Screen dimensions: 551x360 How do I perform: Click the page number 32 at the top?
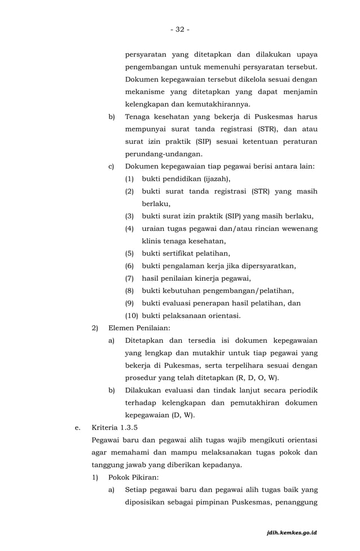tap(180, 29)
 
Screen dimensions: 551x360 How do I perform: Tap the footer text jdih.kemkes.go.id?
tap(292, 532)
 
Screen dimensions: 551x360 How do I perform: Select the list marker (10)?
tap(131, 315)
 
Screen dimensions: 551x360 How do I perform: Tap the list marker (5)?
tap(129, 253)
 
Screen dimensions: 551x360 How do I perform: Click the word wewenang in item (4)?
tap(296, 229)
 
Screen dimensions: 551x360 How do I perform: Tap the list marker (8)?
tap(129, 291)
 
